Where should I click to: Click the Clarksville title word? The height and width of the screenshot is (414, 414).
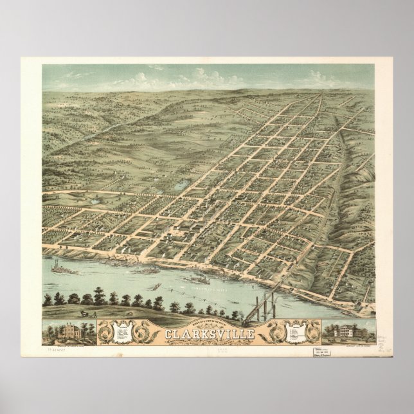210,333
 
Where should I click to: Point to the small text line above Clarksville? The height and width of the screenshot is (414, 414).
210,325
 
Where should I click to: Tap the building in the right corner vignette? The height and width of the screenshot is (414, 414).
348,332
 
